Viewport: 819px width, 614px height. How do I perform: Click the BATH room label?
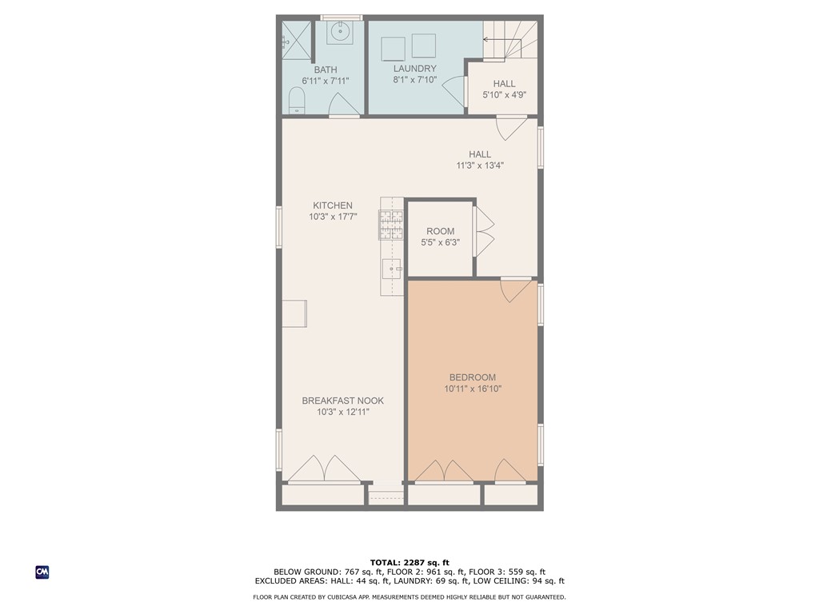pyautogui.click(x=326, y=70)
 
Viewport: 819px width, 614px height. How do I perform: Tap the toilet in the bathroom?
pyautogui.click(x=296, y=100)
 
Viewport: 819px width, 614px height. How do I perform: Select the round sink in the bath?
pyautogui.click(x=339, y=33)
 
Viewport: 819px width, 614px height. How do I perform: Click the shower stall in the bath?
pyautogui.click(x=296, y=41)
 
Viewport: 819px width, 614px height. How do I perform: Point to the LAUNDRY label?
pyautogui.click(x=415, y=69)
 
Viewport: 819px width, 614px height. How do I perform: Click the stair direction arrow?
pyautogui.click(x=502, y=39)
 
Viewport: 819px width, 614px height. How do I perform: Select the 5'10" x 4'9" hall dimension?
pyautogui.click(x=504, y=95)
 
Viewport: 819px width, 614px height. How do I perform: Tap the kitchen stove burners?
pyautogui.click(x=391, y=225)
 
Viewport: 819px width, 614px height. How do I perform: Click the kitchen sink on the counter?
pyautogui.click(x=392, y=269)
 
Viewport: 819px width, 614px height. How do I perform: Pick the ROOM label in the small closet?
pyautogui.click(x=441, y=231)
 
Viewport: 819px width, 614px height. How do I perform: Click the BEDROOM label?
pyautogui.click(x=473, y=377)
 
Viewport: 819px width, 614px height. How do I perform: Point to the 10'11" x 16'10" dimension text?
pyautogui.click(x=473, y=389)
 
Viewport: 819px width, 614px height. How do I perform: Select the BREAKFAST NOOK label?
pyautogui.click(x=342, y=401)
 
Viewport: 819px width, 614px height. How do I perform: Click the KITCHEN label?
pyautogui.click(x=333, y=205)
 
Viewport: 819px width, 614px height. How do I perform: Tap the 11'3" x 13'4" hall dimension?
pyautogui.click(x=480, y=165)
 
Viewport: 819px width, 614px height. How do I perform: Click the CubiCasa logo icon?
pyautogui.click(x=42, y=572)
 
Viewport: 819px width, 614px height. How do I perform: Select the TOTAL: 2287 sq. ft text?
pyautogui.click(x=409, y=563)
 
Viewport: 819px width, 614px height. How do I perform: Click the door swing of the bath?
pyautogui.click(x=345, y=105)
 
